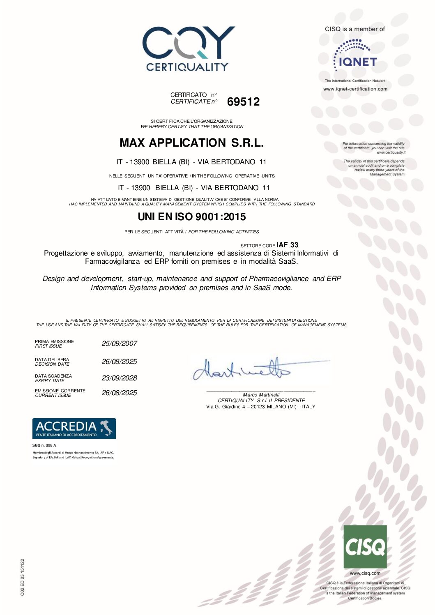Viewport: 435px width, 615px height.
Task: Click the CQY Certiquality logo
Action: click(188, 49)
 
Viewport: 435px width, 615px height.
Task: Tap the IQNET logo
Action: click(355, 55)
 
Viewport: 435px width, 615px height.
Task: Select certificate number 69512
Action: click(243, 101)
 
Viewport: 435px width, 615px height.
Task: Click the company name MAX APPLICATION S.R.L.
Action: click(191, 143)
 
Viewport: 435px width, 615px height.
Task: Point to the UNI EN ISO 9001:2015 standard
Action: click(191, 217)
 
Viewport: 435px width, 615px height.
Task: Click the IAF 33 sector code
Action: click(287, 245)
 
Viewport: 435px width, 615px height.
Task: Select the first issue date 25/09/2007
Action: click(119, 343)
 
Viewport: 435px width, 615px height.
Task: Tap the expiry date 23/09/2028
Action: click(119, 378)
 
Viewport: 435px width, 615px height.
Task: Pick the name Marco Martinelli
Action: click(261, 395)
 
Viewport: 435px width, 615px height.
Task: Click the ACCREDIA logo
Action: click(74, 428)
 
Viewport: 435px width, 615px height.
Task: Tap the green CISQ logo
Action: click(365, 546)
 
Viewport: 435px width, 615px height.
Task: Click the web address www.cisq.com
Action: click(365, 573)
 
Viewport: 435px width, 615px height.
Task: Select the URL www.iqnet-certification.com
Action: click(355, 89)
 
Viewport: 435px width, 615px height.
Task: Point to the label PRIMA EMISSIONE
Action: click(54, 341)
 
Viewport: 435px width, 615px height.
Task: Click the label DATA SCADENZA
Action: click(53, 376)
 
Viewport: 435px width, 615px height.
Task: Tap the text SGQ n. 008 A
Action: click(44, 445)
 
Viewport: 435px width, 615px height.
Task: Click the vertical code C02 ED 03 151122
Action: click(22, 577)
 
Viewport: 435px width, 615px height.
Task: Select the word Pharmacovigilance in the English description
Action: click(278, 279)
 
